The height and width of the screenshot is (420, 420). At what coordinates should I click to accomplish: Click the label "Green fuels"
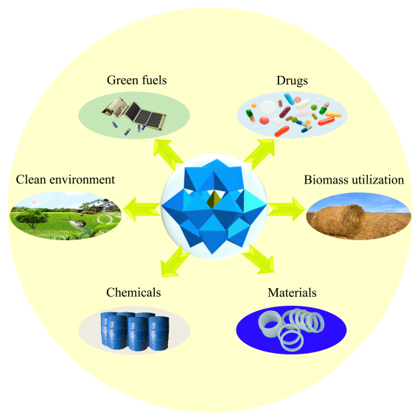[x=136, y=80]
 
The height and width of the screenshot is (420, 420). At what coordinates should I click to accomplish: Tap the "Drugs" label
[x=292, y=81]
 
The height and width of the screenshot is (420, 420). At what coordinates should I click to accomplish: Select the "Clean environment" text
[x=66, y=180]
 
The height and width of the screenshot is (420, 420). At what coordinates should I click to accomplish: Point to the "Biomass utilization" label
[x=354, y=180]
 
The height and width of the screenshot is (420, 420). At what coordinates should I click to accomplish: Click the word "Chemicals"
[x=133, y=293]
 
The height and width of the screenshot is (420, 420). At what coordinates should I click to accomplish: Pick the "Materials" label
[x=292, y=293]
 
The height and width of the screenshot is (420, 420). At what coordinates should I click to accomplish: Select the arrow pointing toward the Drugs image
[x=259, y=154]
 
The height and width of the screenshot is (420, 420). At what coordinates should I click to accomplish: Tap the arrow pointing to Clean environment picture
[x=141, y=209]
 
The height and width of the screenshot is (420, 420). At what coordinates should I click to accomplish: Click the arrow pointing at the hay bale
[x=286, y=209]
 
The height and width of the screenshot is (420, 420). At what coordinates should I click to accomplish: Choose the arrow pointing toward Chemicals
[x=175, y=261]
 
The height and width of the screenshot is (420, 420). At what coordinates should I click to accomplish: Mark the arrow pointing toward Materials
[x=258, y=259]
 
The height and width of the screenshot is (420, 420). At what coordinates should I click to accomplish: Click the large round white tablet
[x=268, y=108]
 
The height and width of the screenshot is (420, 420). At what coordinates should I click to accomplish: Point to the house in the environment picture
[x=100, y=205]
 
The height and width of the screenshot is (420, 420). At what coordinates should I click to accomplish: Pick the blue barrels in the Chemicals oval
[x=135, y=331]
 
